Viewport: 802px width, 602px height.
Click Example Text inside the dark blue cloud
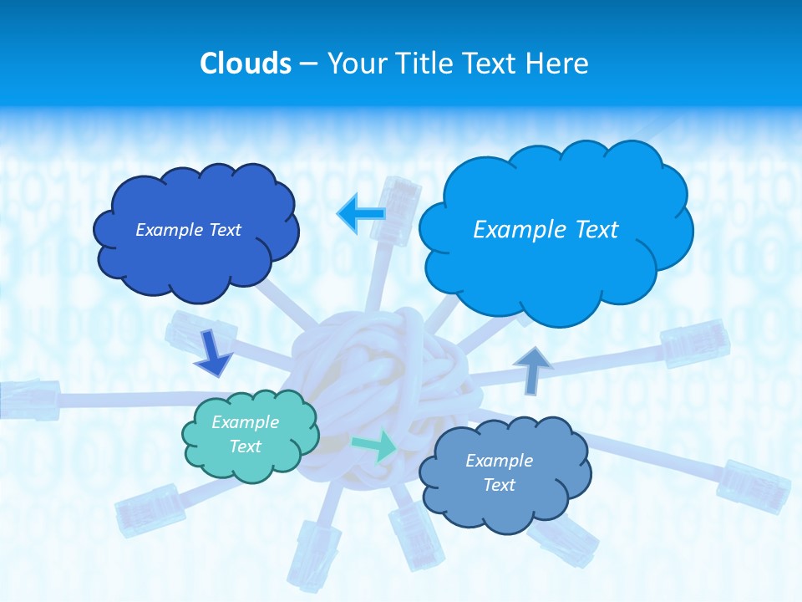click(x=188, y=229)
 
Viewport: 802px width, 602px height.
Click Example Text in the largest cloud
click(x=546, y=229)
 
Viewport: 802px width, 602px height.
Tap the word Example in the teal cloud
click(x=245, y=422)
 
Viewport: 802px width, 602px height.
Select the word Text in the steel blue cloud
click(x=499, y=485)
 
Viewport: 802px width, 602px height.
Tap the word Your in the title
click(x=353, y=64)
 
